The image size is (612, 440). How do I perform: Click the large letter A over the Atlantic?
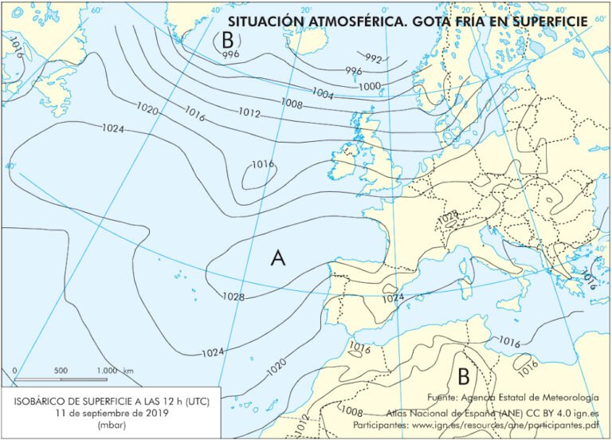coord(278,257)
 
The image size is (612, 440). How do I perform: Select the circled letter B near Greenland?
coord(228,37)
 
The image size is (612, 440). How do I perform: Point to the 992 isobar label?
coord(373,59)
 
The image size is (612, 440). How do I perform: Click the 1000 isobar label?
coord(370,86)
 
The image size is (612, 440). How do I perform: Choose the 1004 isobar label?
coord(322,93)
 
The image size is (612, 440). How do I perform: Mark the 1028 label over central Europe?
coord(448,214)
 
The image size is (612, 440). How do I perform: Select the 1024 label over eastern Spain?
coord(391,297)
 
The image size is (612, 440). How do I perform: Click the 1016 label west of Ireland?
coord(263,164)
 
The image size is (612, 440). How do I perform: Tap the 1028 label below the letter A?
coord(233,297)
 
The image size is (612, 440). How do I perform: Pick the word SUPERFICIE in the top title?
coord(550,21)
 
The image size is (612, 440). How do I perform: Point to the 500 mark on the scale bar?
coord(61,371)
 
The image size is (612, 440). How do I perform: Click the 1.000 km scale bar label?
coord(114,371)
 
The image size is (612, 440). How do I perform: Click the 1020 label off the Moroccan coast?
coord(276,367)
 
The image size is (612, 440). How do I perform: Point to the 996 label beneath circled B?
coord(230,54)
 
